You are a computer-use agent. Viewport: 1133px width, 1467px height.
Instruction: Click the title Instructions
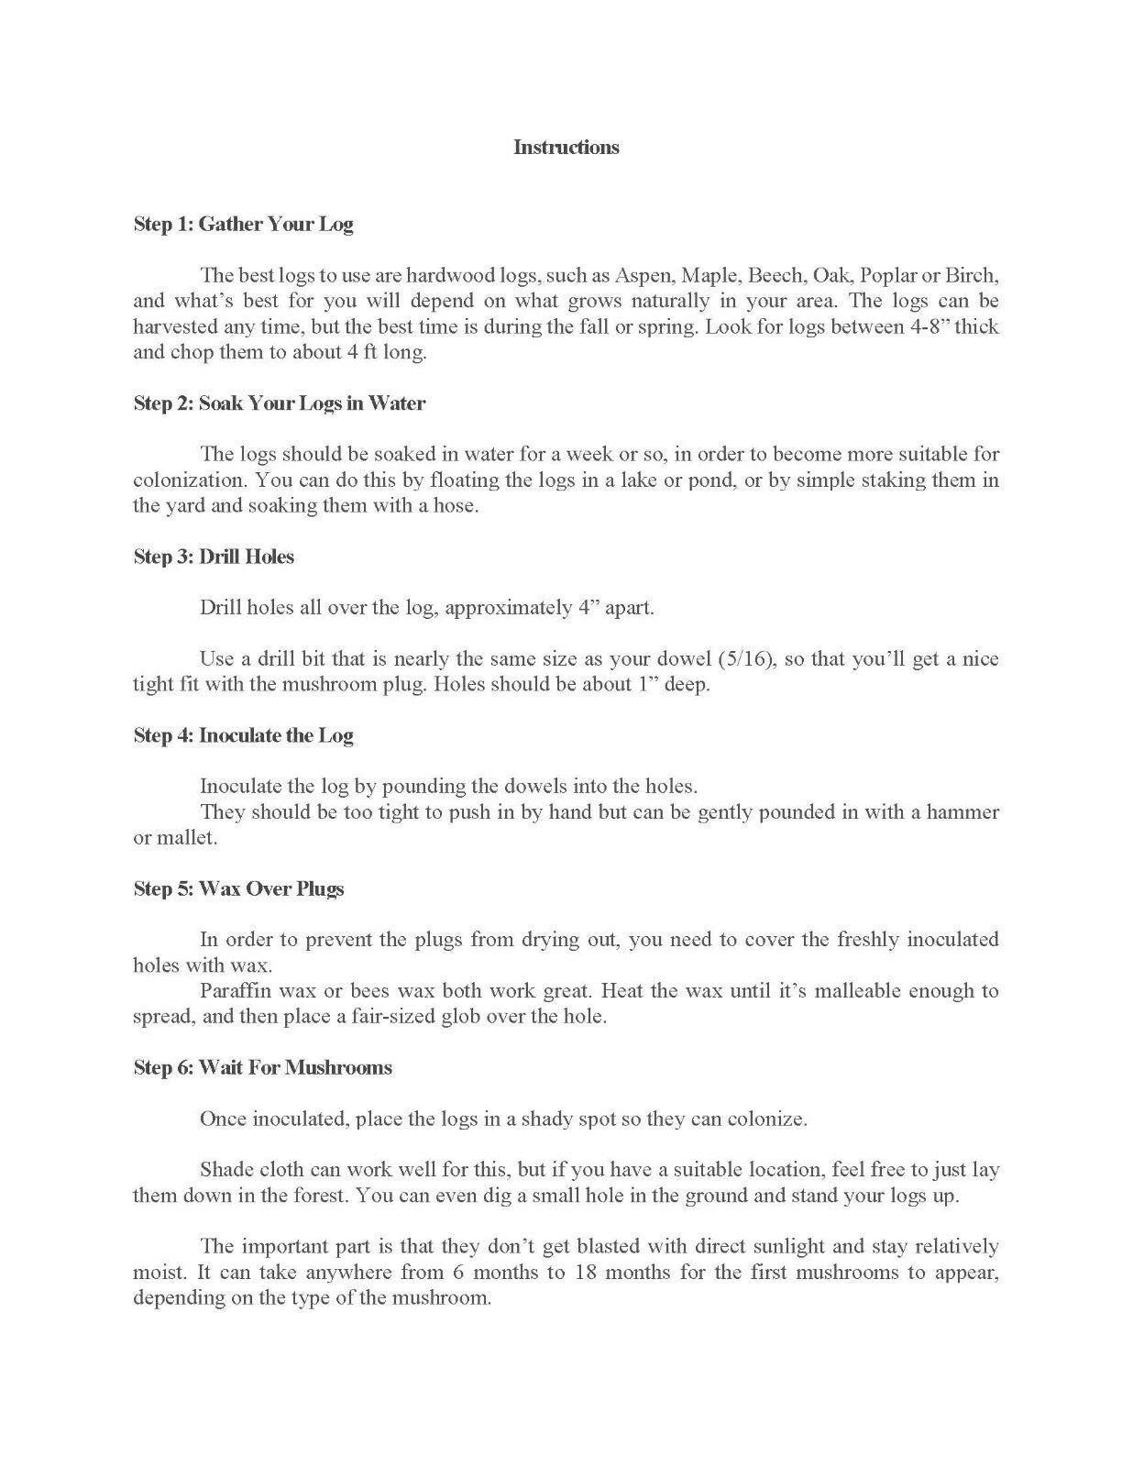coord(566,148)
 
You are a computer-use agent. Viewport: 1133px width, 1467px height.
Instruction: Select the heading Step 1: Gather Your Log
coord(243,225)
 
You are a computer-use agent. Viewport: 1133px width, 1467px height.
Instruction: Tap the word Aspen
coord(643,275)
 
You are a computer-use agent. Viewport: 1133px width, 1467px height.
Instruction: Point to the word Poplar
coord(888,275)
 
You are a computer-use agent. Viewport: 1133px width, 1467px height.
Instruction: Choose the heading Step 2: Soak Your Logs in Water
coord(279,403)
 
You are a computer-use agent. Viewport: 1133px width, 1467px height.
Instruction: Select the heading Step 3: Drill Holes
coord(214,557)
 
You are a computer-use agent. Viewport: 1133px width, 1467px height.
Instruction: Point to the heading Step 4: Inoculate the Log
coord(243,735)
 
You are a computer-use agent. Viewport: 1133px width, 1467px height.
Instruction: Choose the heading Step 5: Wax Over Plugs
coord(238,888)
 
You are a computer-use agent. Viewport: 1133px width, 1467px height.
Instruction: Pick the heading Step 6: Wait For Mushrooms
coord(262,1067)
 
